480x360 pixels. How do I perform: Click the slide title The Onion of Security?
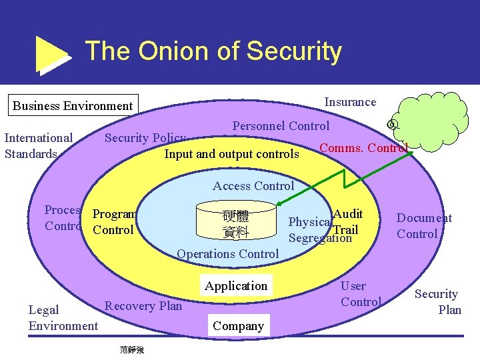213,51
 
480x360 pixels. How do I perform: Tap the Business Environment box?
73,105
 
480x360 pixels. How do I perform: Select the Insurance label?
350,102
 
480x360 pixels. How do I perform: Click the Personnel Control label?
281,125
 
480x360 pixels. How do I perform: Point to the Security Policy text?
145,138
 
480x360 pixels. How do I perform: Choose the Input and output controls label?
231,154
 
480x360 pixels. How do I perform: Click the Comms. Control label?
363,147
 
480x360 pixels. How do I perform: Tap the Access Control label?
253,186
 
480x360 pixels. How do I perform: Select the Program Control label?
114,222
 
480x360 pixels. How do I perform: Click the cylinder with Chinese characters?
235,223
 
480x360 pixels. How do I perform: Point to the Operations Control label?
228,253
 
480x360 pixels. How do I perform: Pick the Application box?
236,286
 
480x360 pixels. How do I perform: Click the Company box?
238,326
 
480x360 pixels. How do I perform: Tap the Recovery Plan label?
143,306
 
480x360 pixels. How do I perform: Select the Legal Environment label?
63,317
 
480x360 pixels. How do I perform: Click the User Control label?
360,293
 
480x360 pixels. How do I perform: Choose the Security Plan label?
437,301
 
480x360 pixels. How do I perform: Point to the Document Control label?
424,226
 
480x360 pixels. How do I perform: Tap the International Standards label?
39,146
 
